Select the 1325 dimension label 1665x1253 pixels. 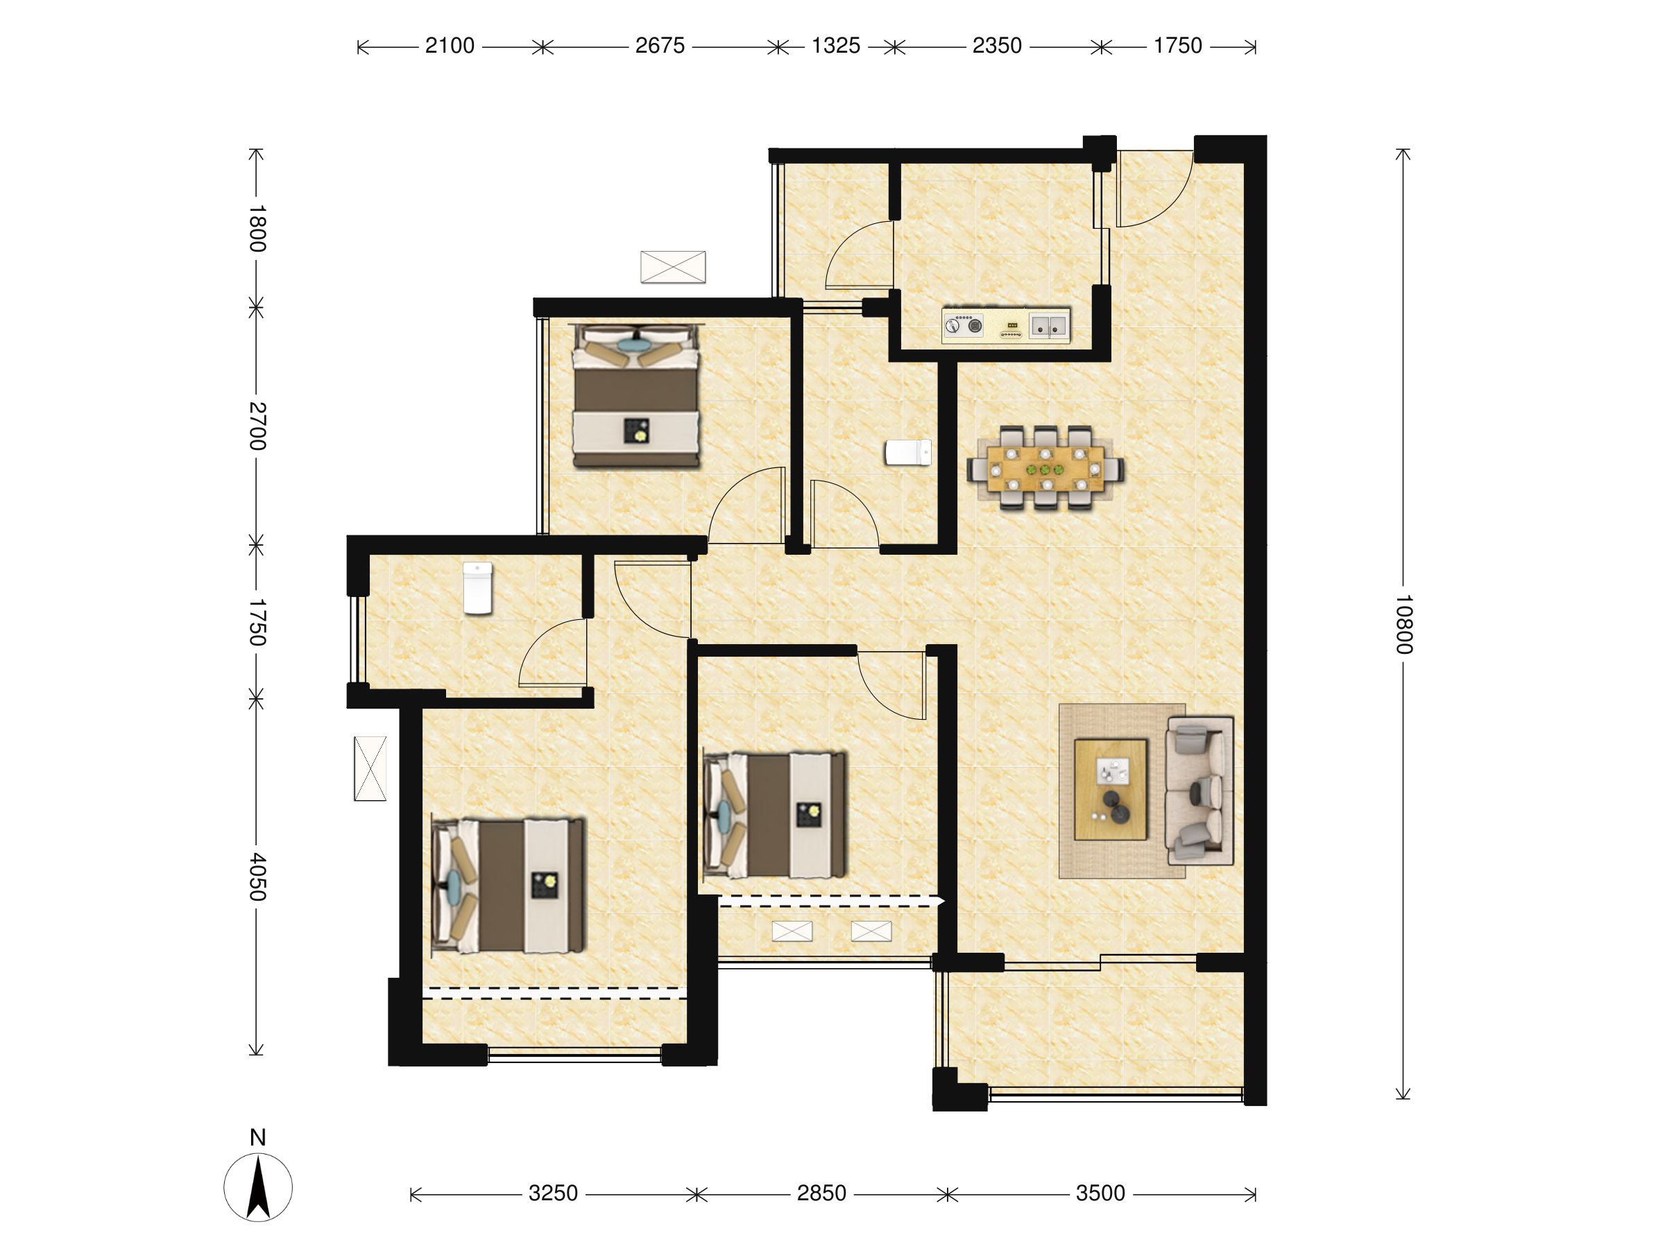tap(835, 46)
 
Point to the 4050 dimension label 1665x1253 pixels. tap(257, 876)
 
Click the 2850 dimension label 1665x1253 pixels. tap(821, 1193)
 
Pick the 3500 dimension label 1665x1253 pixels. tap(1100, 1193)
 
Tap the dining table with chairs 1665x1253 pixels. tap(1045, 469)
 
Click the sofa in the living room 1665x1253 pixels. tap(1199, 790)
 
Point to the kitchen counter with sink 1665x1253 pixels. tap(1006, 326)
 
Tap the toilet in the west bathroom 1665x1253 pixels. tap(477, 588)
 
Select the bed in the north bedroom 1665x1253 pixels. tap(636, 396)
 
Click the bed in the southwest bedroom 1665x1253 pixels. tap(508, 886)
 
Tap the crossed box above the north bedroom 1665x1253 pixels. tap(673, 267)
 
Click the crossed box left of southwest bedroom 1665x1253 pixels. tap(370, 768)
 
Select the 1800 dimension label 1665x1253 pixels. tap(257, 228)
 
